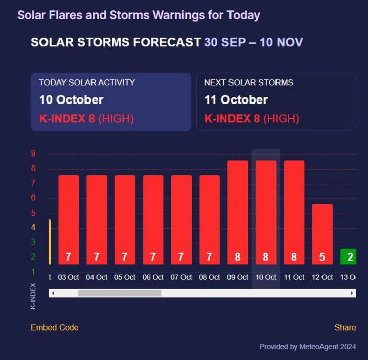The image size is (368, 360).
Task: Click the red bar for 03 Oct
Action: pos(68,220)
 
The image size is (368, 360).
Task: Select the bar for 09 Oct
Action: pos(238,212)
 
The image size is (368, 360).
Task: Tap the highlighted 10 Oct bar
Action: pos(266,212)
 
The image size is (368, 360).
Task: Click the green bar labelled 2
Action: pos(348,257)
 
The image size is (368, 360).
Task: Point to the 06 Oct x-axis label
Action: pos(153,277)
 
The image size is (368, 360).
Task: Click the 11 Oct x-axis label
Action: pos(294,277)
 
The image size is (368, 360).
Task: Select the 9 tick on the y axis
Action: pos(33,154)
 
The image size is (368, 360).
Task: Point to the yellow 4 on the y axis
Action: pos(33,227)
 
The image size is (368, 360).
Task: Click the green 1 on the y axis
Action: pos(33,272)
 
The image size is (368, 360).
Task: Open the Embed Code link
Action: pos(55,327)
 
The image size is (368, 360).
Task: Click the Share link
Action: pos(345,327)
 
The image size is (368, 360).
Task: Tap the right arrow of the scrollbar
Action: pos(352,293)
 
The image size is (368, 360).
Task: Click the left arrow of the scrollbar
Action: pos(52,293)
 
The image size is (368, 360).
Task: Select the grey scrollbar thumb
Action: pos(119,293)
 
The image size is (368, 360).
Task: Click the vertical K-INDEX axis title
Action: pos(33,296)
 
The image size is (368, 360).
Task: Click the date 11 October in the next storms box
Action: pos(236,99)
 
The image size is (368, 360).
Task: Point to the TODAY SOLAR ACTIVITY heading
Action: pos(87,82)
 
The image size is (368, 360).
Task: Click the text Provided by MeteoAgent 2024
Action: pos(307,347)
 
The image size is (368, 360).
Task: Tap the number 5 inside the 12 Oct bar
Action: pos(322,257)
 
